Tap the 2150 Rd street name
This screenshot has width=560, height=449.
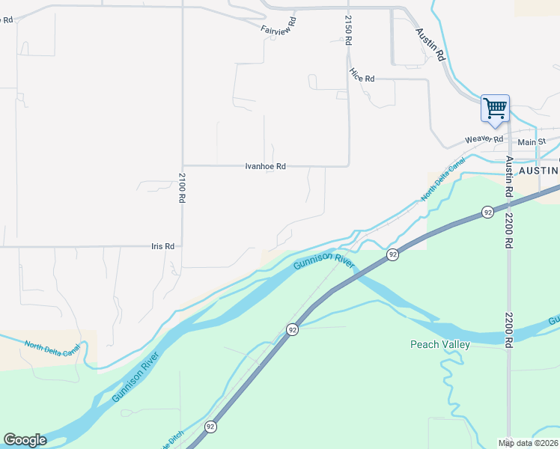point(348,30)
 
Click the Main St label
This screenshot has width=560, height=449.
point(532,142)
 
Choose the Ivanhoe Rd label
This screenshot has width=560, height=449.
point(266,166)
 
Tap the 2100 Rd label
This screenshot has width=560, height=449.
point(181,188)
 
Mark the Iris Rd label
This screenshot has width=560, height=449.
point(162,246)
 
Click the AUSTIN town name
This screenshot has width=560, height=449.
point(539,171)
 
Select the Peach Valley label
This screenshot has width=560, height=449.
point(439,344)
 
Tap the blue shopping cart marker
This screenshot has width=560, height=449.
point(495,108)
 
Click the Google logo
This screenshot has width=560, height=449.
point(25,440)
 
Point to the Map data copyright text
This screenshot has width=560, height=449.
point(529,443)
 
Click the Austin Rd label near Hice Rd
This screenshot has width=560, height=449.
point(430,45)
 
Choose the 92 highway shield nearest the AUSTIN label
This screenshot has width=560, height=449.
point(487,212)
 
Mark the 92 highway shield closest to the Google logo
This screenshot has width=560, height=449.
point(210,427)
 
